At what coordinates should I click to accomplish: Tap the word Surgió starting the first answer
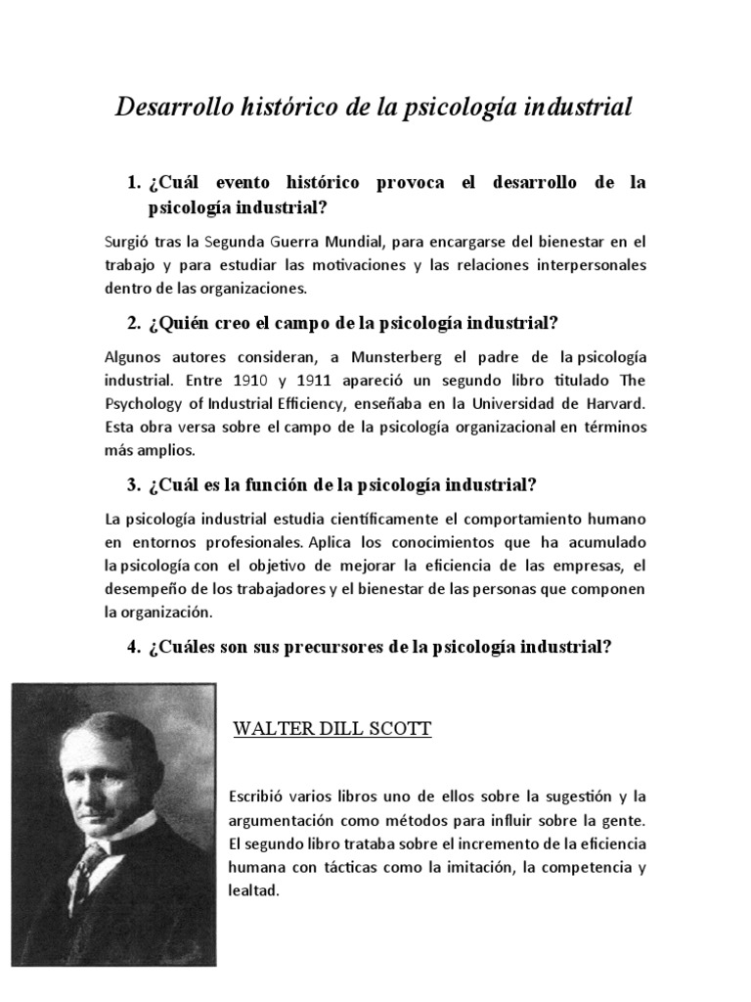pyautogui.click(x=124, y=241)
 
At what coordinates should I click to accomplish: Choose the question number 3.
pyautogui.click(x=133, y=485)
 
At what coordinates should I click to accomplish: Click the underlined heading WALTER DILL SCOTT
pyautogui.click(x=331, y=730)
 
